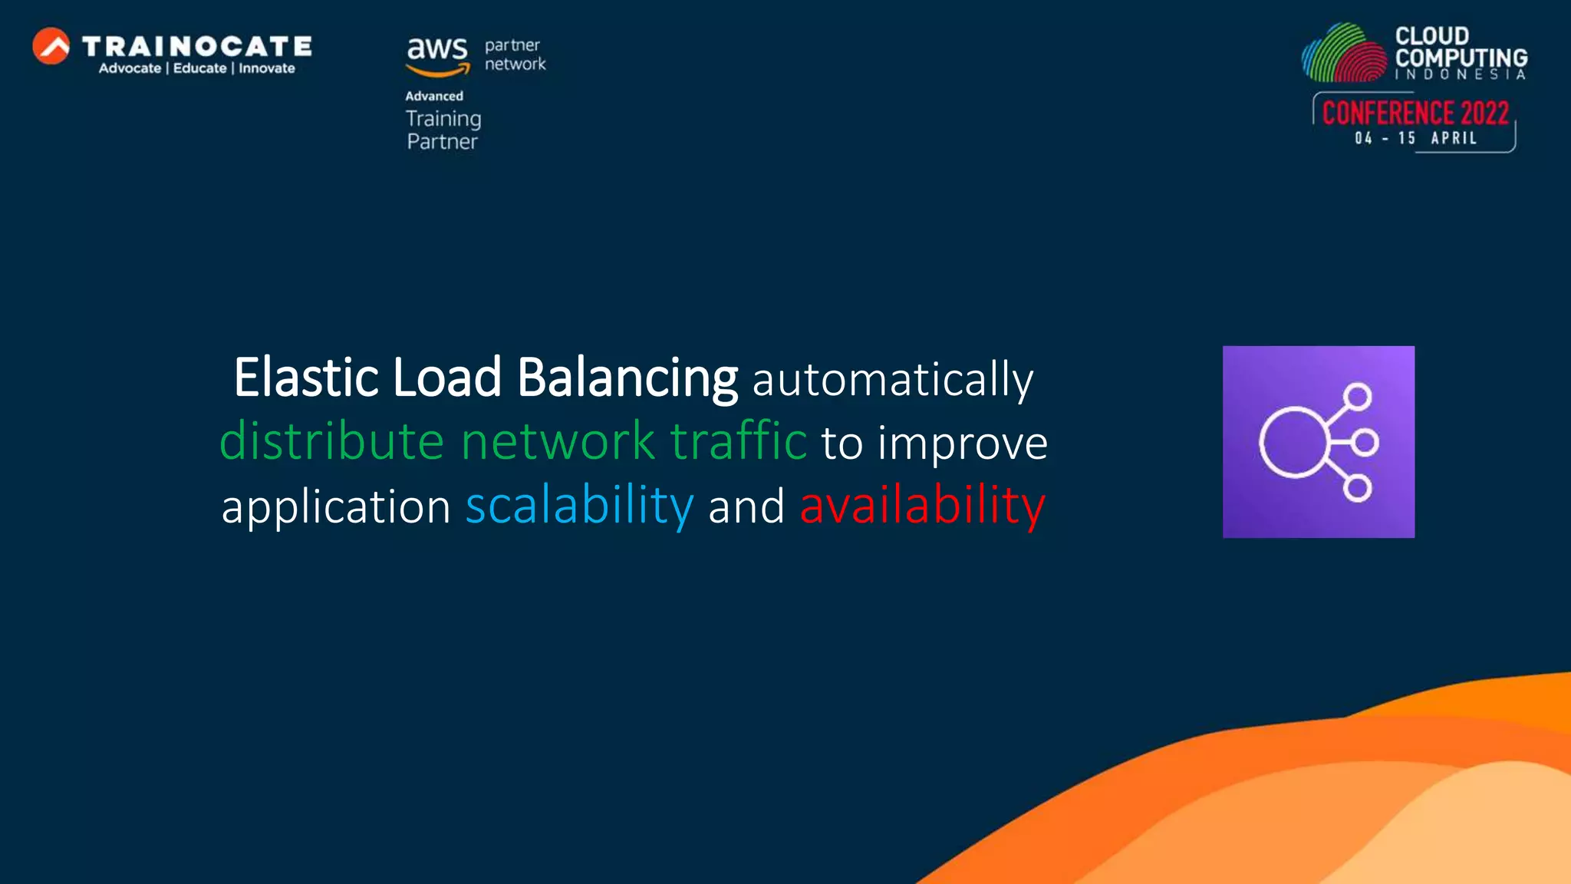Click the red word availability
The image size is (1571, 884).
[x=922, y=506]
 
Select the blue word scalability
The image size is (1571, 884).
[x=579, y=506]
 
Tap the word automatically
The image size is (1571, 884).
[x=892, y=379]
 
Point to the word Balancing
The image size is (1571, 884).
[x=627, y=379]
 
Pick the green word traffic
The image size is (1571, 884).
[x=738, y=442]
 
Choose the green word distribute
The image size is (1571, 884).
[x=332, y=442]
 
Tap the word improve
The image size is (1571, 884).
[x=962, y=444]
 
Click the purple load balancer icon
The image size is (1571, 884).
[x=1318, y=442]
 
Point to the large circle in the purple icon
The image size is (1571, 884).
[x=1293, y=443]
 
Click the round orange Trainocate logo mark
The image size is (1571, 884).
[x=51, y=46]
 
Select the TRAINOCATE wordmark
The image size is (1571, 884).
[x=196, y=46]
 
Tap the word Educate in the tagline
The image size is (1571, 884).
[x=199, y=68]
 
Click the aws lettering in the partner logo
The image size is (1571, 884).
[x=436, y=50]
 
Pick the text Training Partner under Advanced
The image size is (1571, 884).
[x=443, y=130]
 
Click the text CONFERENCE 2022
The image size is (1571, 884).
[x=1415, y=114]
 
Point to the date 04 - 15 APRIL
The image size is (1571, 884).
[x=1415, y=138]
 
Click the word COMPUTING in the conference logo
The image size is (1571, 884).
[x=1461, y=58]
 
